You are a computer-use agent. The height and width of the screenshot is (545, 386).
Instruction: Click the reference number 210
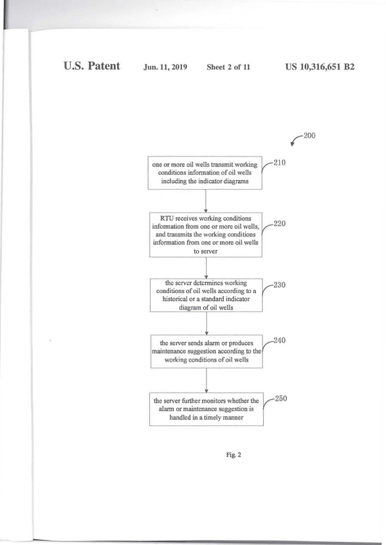279,163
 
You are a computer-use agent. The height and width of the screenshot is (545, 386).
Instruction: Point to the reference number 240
279,341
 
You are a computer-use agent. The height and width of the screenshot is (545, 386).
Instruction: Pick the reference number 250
280,398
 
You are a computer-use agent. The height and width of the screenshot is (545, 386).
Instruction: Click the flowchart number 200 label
309,136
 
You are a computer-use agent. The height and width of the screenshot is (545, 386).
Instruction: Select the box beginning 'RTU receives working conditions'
205,234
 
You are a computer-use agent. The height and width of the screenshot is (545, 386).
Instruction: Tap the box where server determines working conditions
205,295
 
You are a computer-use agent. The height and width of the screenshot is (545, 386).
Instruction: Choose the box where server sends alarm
205,351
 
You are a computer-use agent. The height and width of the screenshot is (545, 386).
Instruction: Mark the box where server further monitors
205,409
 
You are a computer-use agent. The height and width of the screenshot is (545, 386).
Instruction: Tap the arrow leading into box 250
205,380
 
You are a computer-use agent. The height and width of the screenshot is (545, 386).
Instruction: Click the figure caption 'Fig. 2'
233,455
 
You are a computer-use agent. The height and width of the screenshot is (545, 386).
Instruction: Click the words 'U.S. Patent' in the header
92,66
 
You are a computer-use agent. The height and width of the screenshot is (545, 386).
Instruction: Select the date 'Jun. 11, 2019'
165,67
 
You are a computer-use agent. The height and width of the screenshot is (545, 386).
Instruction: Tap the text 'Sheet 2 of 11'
228,67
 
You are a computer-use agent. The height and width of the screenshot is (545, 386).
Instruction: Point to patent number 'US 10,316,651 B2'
319,66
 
